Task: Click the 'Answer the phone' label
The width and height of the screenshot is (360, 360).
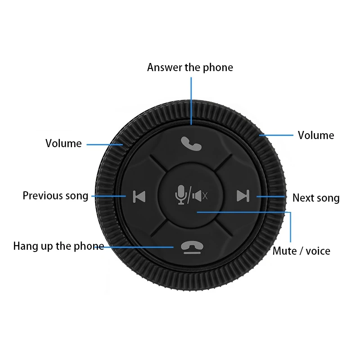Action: click(190, 67)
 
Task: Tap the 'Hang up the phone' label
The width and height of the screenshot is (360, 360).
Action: click(58, 247)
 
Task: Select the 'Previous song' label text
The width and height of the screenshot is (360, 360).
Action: click(55, 196)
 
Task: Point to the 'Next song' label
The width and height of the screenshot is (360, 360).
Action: click(316, 198)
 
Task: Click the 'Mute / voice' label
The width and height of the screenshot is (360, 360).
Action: click(301, 251)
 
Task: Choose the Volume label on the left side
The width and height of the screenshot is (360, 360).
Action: click(63, 144)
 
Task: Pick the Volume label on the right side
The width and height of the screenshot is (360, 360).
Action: click(316, 135)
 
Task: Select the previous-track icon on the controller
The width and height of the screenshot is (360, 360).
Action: click(139, 196)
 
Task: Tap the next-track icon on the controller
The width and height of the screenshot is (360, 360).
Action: click(243, 196)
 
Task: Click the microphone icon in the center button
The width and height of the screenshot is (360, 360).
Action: click(181, 195)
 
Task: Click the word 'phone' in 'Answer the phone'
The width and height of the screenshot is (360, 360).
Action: click(218, 67)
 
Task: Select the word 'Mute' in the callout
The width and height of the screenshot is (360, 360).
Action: click(284, 251)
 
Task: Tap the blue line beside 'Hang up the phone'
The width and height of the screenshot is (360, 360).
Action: click(139, 247)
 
